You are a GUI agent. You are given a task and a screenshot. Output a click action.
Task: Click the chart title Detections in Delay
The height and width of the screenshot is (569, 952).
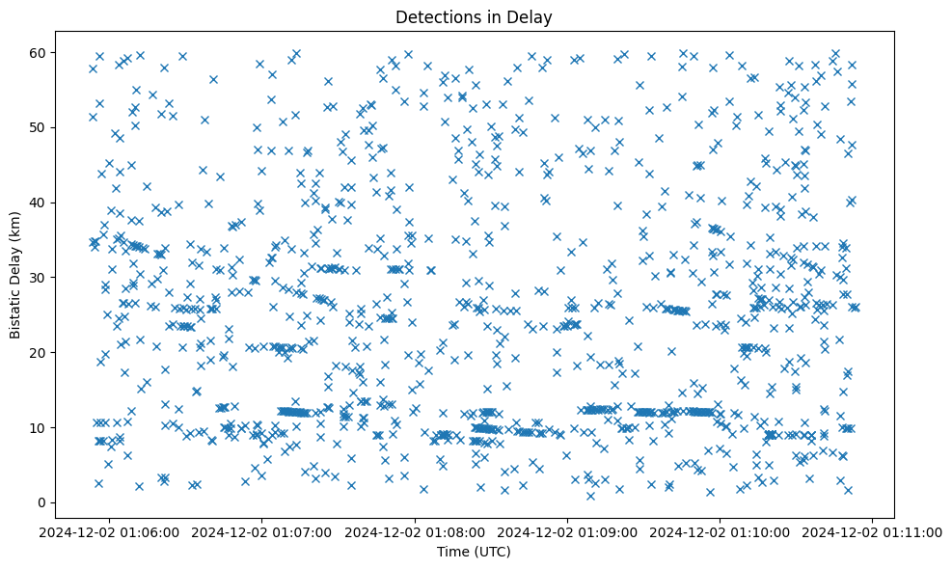click(474, 16)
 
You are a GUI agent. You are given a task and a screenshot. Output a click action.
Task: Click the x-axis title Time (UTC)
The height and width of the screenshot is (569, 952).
click(474, 552)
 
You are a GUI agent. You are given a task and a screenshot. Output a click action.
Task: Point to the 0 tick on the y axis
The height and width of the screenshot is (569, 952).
click(43, 502)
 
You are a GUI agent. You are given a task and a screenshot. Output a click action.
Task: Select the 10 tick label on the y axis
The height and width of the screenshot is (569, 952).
click(40, 427)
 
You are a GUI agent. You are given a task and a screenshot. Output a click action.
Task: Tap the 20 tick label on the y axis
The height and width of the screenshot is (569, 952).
click(40, 352)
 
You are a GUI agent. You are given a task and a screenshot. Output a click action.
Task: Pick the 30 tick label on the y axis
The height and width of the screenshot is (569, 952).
click(40, 278)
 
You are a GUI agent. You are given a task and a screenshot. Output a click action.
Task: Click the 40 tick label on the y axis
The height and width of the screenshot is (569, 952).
click(40, 203)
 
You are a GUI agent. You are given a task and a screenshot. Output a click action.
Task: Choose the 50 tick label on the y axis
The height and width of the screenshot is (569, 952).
click(40, 127)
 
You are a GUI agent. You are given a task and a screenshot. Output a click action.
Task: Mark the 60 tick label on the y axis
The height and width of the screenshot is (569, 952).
click(40, 52)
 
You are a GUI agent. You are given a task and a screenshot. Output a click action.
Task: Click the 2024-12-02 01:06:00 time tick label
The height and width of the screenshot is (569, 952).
click(110, 531)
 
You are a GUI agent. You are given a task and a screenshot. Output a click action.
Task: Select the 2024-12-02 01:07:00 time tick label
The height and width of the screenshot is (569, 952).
click(262, 531)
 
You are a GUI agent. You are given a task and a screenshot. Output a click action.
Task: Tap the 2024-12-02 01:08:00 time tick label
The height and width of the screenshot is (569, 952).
click(416, 531)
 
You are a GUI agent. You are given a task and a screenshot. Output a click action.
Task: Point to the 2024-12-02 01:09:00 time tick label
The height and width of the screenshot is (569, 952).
click(568, 531)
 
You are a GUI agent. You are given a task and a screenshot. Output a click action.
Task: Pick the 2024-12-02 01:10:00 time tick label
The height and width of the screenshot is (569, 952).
click(721, 531)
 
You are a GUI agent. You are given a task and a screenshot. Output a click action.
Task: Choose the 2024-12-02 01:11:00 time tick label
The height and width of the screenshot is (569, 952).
click(873, 531)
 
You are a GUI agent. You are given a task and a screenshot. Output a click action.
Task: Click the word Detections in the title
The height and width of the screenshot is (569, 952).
click(437, 16)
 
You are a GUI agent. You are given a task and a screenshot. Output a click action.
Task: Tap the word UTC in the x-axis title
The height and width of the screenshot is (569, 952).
click(493, 552)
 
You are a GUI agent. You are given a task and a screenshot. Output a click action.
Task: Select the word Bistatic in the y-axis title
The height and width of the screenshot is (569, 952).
click(15, 308)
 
